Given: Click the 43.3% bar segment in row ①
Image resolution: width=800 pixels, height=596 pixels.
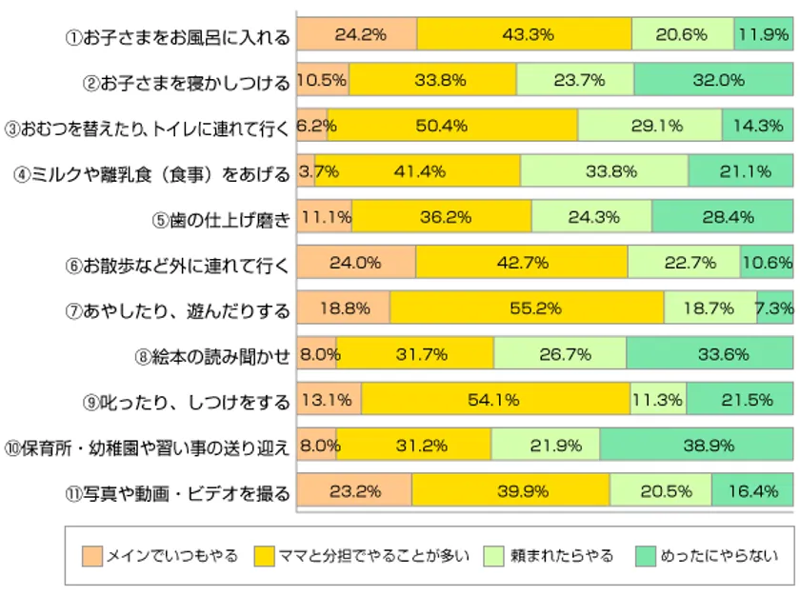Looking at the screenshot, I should pos(524,34).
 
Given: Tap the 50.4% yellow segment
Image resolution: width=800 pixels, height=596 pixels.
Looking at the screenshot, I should pos(452,125).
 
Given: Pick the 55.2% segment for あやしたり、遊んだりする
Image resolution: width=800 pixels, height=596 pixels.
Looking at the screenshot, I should pos(527,308).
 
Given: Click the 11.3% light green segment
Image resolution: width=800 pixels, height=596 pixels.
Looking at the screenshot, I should pos(658,400).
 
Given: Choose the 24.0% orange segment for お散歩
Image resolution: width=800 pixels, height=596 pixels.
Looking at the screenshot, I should pos(356,263).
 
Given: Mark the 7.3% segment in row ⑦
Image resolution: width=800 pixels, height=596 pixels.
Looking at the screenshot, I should pos(775,308).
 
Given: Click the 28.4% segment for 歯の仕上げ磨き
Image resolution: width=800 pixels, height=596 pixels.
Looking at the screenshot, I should pos(722,217).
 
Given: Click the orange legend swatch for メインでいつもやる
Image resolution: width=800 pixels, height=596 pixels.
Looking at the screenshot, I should pos(91,555).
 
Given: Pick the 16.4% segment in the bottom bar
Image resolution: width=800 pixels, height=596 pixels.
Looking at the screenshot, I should pos(751,491).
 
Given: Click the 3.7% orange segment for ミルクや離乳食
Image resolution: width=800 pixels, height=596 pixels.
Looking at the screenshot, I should pos(306,171).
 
